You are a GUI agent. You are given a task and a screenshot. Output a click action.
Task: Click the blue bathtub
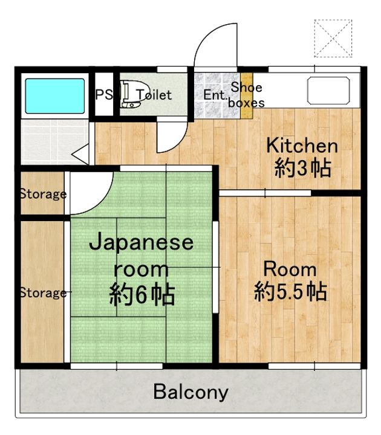click(x=55, y=96)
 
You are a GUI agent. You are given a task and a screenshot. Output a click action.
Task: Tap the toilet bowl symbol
click(x=130, y=94)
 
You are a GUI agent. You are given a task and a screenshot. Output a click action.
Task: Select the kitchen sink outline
click(x=328, y=91)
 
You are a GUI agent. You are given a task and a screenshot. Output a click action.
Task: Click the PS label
click(x=104, y=95)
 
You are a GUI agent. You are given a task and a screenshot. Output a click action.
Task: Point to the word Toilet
click(x=154, y=95)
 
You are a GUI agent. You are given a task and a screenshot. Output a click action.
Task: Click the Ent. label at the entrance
click(x=214, y=95)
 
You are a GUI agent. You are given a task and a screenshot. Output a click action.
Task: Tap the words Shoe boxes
click(x=246, y=95)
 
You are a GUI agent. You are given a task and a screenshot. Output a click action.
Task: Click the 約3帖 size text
click(x=303, y=168)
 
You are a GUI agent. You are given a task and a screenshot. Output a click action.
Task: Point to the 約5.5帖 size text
click(x=290, y=291)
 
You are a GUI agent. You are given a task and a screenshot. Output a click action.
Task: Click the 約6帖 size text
click(x=142, y=295)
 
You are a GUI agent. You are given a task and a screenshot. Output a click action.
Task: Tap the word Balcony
click(x=190, y=392)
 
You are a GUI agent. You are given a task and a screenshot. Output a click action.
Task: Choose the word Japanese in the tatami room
click(x=141, y=243)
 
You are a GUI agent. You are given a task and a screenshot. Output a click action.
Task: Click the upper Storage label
click(x=44, y=194)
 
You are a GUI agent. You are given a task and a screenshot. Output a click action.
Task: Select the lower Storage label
click(x=44, y=293)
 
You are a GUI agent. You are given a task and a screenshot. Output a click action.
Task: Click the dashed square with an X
click(x=333, y=38)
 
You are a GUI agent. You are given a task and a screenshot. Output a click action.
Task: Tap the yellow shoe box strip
click(x=247, y=95)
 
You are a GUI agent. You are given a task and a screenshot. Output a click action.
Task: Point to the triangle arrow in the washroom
click(x=81, y=154)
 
